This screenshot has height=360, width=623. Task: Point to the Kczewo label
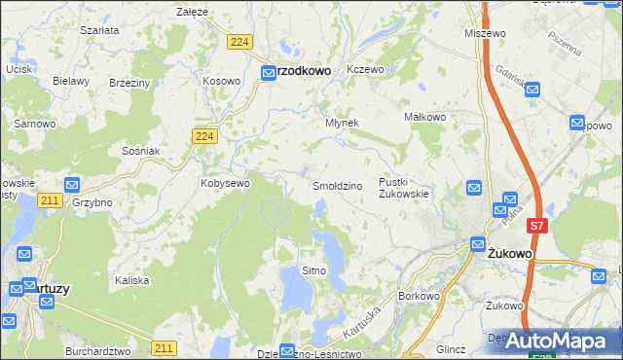(x=366, y=70)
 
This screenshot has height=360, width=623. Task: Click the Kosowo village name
(x=221, y=80)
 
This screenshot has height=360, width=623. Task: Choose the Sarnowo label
(x=33, y=124)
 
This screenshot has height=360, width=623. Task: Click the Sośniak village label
(x=141, y=151)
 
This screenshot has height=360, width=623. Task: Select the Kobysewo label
(x=226, y=182)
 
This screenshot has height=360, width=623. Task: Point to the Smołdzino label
(x=337, y=185)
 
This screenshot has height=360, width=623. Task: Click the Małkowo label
(x=424, y=117)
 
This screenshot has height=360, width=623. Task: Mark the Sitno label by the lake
(x=313, y=270)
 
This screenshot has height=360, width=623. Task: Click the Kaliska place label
(x=131, y=280)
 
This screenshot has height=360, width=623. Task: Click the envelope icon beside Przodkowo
(x=268, y=71)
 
